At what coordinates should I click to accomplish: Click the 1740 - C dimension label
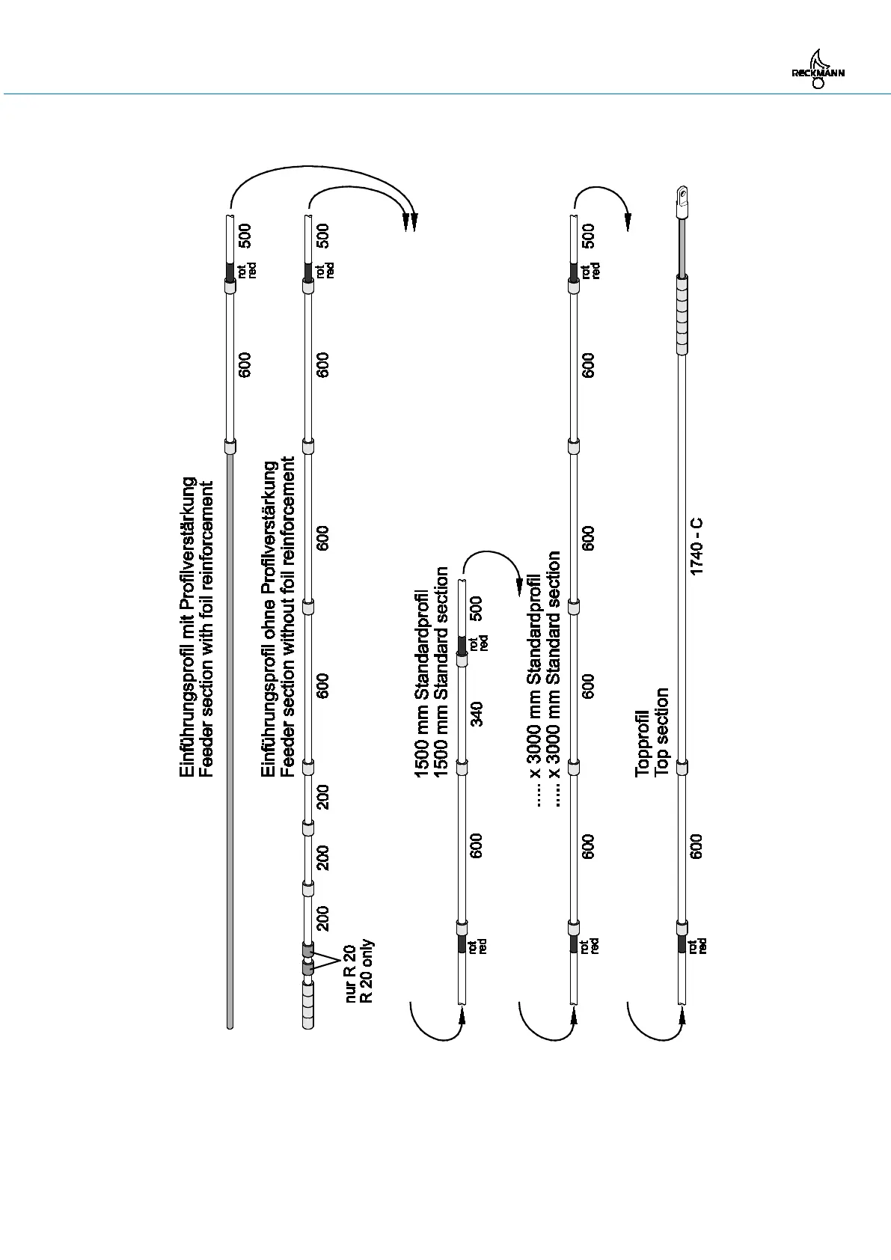point(696,547)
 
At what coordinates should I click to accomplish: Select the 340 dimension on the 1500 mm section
point(477,713)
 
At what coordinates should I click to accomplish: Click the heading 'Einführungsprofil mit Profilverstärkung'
point(189,626)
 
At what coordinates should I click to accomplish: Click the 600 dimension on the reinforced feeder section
point(245,364)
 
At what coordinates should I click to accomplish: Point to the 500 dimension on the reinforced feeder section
point(245,236)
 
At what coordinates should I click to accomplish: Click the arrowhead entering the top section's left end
point(682,1016)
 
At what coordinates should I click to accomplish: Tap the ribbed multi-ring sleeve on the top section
point(682,314)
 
